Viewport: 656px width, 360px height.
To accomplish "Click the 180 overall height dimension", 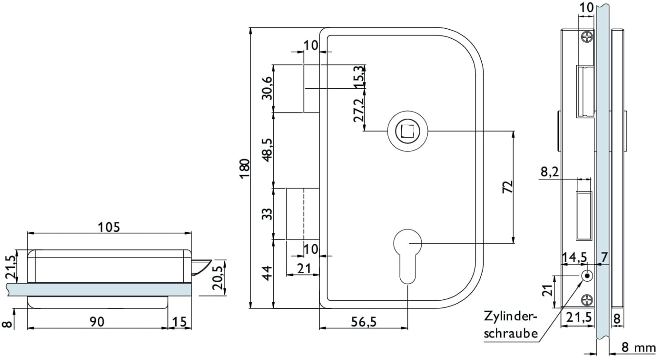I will click(x=244, y=169).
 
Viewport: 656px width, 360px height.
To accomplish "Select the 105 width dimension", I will click(x=109, y=227).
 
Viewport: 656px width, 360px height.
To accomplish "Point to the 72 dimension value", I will click(x=507, y=187).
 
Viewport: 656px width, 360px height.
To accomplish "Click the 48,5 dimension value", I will click(x=268, y=149).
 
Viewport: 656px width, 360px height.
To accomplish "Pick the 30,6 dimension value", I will click(x=268, y=88).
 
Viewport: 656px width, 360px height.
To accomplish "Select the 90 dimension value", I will click(x=97, y=321).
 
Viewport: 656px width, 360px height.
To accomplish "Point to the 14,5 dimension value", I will click(x=575, y=257).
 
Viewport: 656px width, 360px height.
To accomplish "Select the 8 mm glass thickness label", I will click(x=638, y=347).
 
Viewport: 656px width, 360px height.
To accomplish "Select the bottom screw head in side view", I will click(x=587, y=299).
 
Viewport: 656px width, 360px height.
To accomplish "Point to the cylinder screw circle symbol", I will click(x=587, y=275).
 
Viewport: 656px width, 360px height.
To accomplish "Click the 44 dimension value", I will click(x=268, y=274).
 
